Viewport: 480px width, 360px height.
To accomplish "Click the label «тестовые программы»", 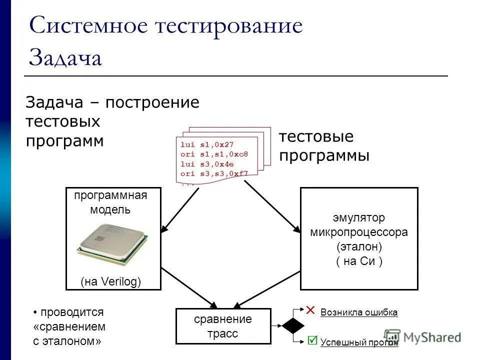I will (324, 146).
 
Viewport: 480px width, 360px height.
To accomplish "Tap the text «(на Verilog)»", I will (111, 281).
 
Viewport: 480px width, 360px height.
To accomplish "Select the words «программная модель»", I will (110, 202).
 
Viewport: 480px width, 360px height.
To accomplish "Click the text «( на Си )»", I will (359, 261).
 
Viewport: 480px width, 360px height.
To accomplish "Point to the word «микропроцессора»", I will (359, 232).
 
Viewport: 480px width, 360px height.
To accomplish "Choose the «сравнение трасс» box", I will (223, 326).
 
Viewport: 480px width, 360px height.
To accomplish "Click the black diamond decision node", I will (293, 325).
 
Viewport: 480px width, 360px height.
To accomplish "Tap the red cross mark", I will (310, 310).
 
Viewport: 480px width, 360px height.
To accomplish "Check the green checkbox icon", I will (312, 340).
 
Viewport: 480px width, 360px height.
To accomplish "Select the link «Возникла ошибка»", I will (359, 312).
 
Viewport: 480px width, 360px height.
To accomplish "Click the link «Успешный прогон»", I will (359, 343).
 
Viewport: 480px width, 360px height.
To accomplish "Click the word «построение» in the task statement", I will (152, 103).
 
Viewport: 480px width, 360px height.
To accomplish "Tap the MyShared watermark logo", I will (422, 337).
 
